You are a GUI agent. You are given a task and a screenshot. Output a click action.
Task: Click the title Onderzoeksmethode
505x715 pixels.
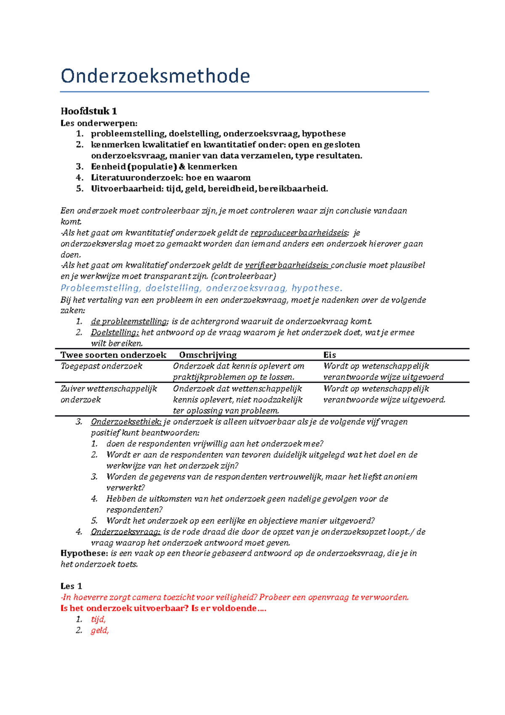click(155, 76)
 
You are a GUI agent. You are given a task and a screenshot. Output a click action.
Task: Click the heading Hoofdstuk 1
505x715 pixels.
click(89, 111)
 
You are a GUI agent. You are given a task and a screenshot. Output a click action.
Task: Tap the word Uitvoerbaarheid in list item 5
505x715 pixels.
click(125, 189)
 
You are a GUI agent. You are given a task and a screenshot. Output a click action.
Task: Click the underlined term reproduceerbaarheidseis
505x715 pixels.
click(299, 233)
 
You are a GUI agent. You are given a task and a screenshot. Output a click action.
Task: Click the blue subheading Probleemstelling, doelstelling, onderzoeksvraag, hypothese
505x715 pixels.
click(201, 288)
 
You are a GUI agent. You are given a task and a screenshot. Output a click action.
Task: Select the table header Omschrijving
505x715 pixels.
click(208, 355)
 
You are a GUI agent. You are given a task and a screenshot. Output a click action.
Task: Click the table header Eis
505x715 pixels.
click(330, 355)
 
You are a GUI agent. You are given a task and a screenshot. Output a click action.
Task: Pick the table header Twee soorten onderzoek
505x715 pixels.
click(113, 355)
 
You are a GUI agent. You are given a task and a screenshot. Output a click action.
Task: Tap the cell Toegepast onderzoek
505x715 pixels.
click(101, 366)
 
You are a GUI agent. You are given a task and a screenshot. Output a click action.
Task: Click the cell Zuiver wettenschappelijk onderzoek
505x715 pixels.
click(109, 394)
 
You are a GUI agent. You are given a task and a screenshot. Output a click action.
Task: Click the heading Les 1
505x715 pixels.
click(71, 586)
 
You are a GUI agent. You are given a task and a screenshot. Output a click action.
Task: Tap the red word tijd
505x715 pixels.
click(98, 619)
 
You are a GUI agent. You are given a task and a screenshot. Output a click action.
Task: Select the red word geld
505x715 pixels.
click(100, 630)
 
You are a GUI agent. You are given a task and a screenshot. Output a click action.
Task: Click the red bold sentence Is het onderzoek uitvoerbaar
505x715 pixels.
click(163, 608)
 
